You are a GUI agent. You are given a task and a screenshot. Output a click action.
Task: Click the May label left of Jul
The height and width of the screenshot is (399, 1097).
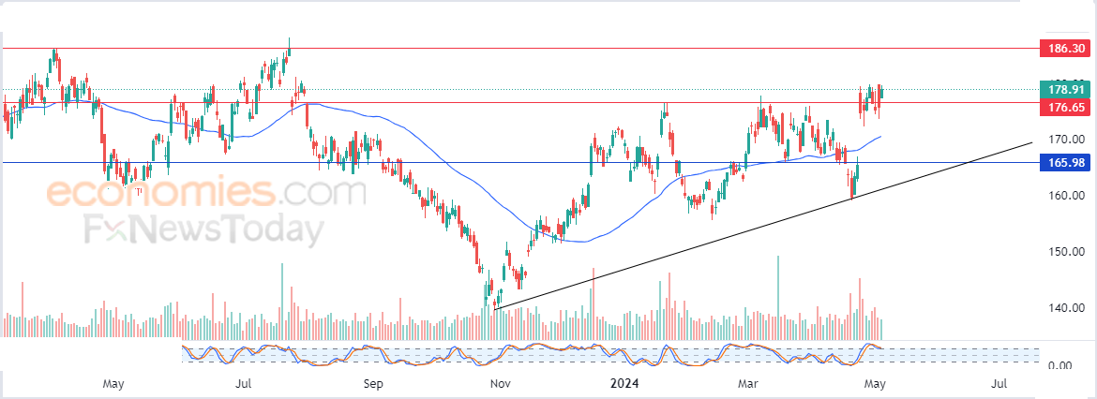coord(113,383)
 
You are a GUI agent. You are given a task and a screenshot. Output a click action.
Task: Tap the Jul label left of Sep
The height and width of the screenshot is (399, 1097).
coord(244,383)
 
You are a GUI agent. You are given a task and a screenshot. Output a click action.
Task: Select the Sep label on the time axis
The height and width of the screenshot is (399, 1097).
coord(373,383)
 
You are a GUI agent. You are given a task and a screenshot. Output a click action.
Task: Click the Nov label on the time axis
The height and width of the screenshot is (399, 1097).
coord(500,383)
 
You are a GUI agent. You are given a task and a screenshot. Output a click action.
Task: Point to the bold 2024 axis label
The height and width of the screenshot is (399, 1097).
coord(624,383)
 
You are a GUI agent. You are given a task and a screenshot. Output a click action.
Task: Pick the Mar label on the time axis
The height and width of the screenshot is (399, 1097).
coord(747,383)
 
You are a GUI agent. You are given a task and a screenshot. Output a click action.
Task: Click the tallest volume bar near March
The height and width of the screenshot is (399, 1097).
coord(778,296)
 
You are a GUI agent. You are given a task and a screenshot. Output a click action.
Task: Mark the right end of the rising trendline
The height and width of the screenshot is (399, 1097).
coord(1031,142)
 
